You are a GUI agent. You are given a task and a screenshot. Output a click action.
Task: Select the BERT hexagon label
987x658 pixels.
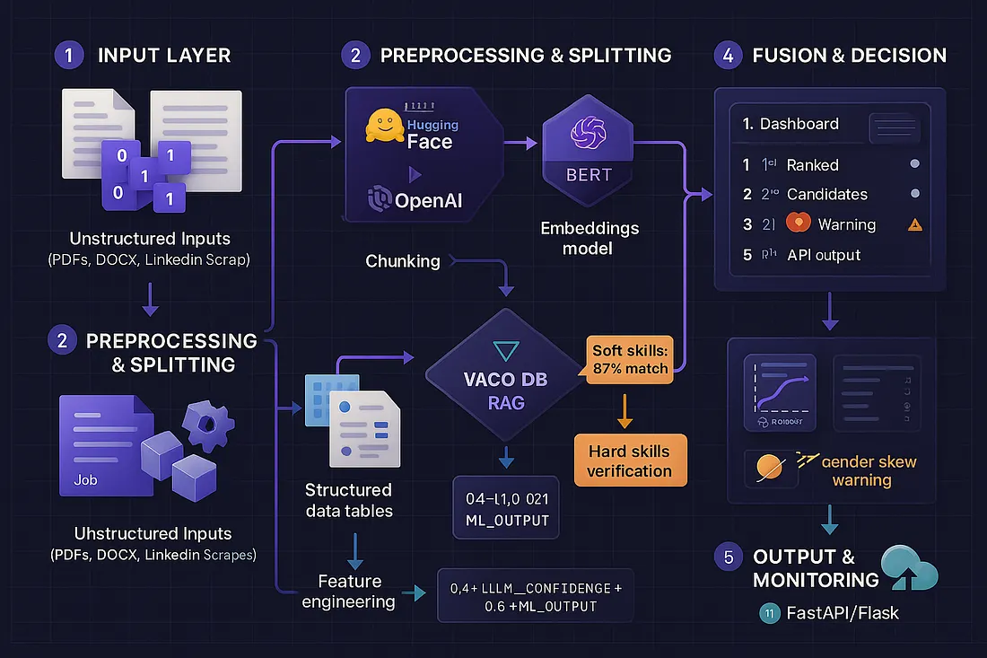coord(589,173)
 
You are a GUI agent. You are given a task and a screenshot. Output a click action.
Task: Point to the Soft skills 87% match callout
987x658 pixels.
coord(630,358)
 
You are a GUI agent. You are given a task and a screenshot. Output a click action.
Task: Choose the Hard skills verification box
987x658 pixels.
coord(629,459)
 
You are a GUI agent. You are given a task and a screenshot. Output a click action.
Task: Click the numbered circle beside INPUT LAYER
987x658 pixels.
coord(68,55)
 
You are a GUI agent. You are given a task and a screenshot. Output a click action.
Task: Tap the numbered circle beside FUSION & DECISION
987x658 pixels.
coord(727,55)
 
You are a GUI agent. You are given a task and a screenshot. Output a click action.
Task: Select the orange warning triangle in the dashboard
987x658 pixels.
coord(914,225)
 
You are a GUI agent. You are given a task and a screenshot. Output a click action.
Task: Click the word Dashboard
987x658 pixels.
coord(799,124)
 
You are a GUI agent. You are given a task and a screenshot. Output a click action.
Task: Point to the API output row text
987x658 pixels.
coord(823,254)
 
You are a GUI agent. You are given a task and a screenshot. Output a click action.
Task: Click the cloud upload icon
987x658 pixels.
coord(909,567)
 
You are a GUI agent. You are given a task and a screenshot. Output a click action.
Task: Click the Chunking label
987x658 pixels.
coord(403,261)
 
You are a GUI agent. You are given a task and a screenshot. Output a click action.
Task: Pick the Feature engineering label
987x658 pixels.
coord(348,592)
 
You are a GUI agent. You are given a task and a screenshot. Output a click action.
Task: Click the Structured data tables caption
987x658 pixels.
coord(348,500)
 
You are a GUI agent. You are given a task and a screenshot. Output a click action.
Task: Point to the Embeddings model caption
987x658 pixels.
coord(590,238)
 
